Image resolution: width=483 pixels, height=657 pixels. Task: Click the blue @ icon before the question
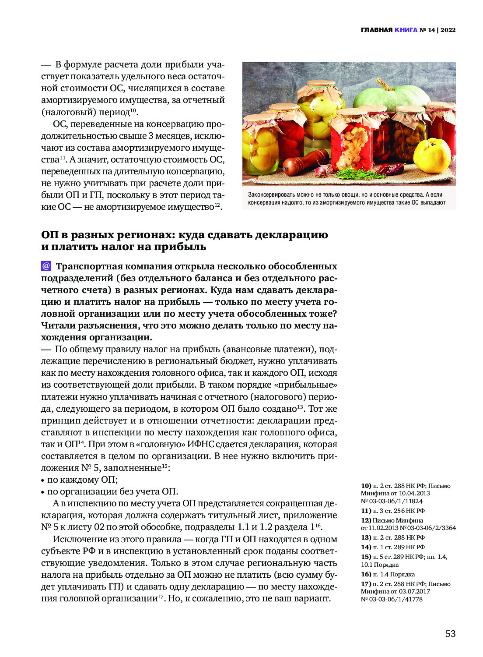[x=46, y=266]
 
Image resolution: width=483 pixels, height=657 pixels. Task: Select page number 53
[x=450, y=633]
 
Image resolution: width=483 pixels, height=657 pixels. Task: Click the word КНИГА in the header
[x=406, y=30]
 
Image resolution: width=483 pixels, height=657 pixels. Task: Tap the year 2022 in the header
[x=448, y=30]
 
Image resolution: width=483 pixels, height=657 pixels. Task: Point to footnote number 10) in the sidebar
[x=366, y=486]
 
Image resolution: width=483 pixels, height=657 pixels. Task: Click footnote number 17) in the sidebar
[x=366, y=584]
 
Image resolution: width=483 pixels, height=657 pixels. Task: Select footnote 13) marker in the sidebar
[x=366, y=537]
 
